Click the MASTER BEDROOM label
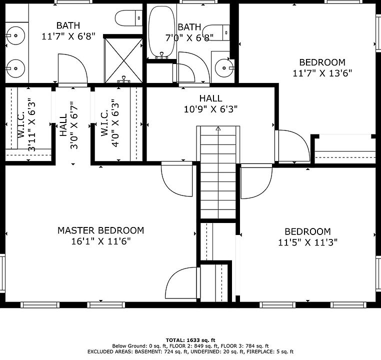(x=100, y=230)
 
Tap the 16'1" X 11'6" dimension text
(x=100, y=241)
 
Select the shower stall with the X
(x=123, y=60)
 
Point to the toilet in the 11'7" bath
(x=128, y=18)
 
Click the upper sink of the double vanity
(x=15, y=35)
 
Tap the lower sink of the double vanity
(x=15, y=68)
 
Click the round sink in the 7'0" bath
(x=224, y=68)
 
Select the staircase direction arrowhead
(x=218, y=128)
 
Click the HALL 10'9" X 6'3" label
(x=210, y=103)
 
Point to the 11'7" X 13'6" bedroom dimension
(x=322, y=73)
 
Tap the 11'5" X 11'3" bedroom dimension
(x=307, y=242)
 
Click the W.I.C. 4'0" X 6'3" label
(x=110, y=123)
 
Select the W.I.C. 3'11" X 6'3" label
(x=26, y=124)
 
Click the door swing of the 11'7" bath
(x=73, y=69)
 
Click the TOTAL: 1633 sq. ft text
(x=190, y=340)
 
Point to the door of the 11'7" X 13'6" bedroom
(x=292, y=145)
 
